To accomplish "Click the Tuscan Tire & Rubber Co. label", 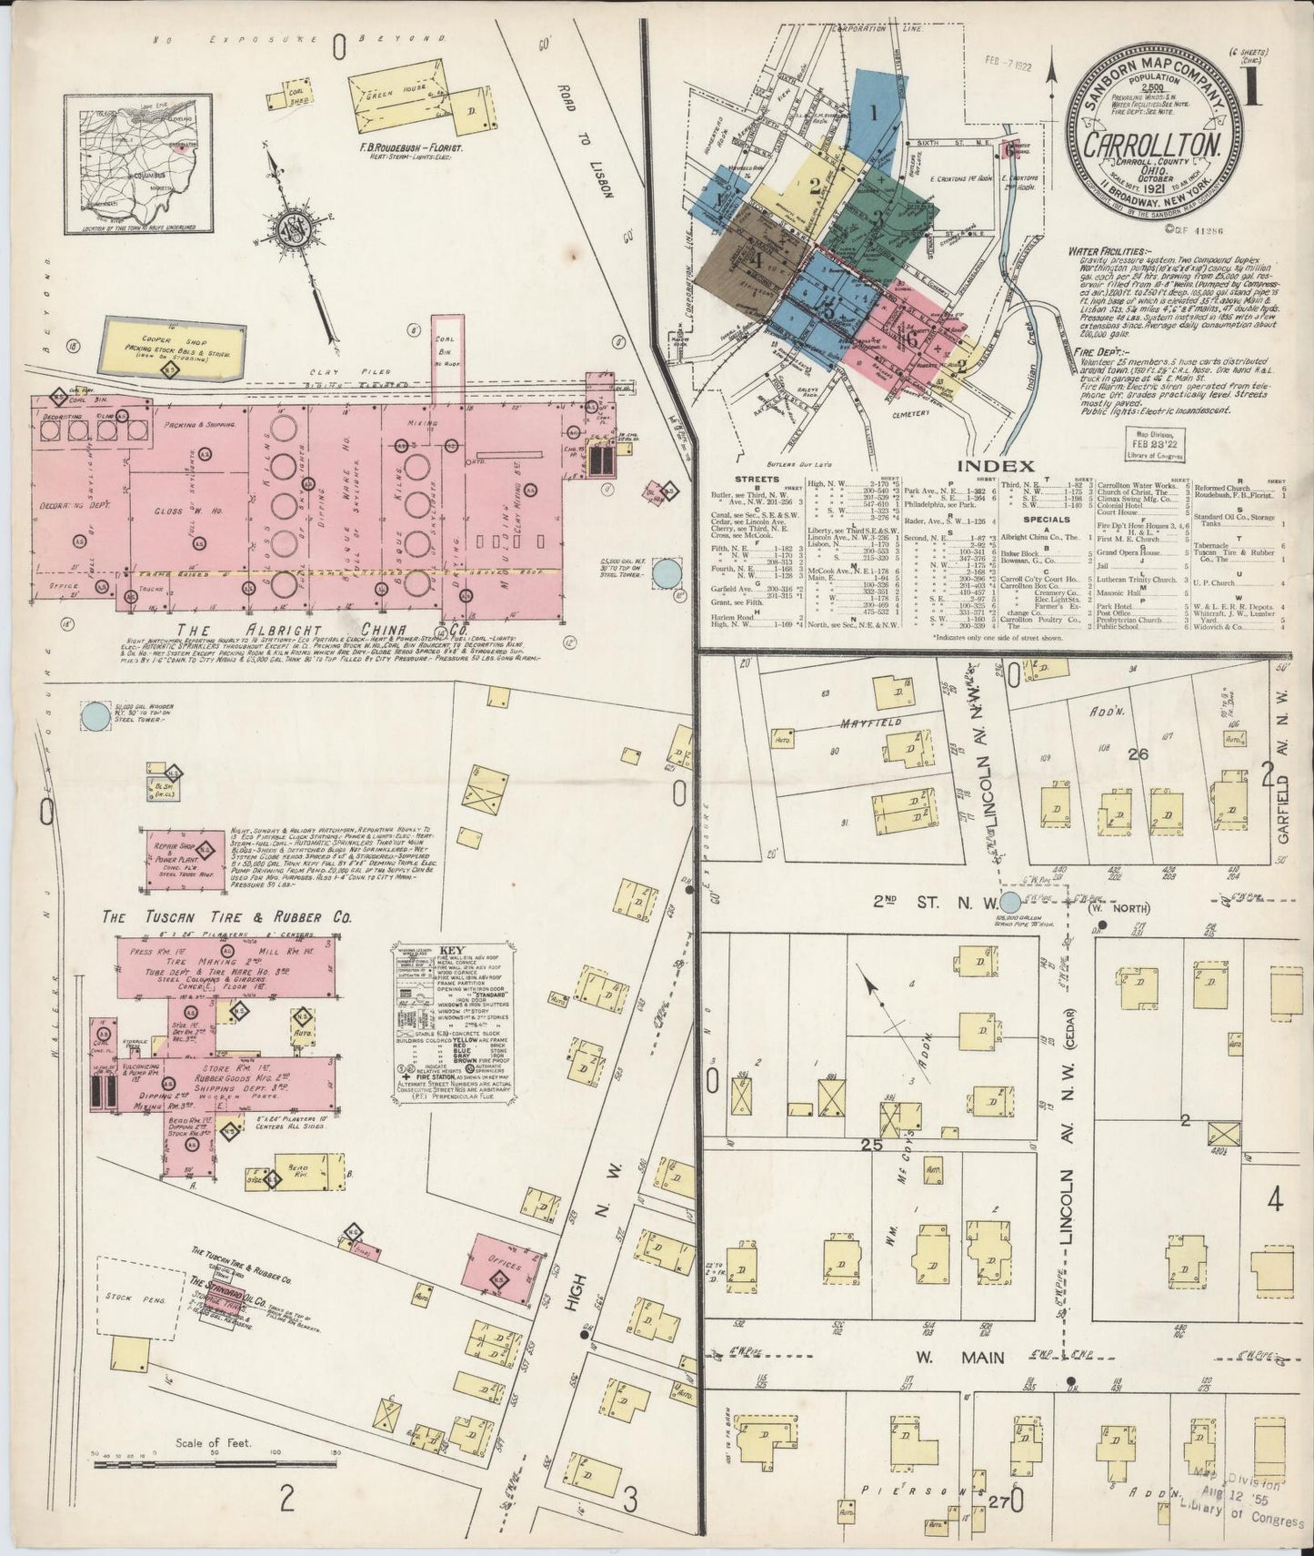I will (x=226, y=917).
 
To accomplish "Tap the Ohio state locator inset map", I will (x=137, y=164).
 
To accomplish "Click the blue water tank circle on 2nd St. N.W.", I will (x=1010, y=903).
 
